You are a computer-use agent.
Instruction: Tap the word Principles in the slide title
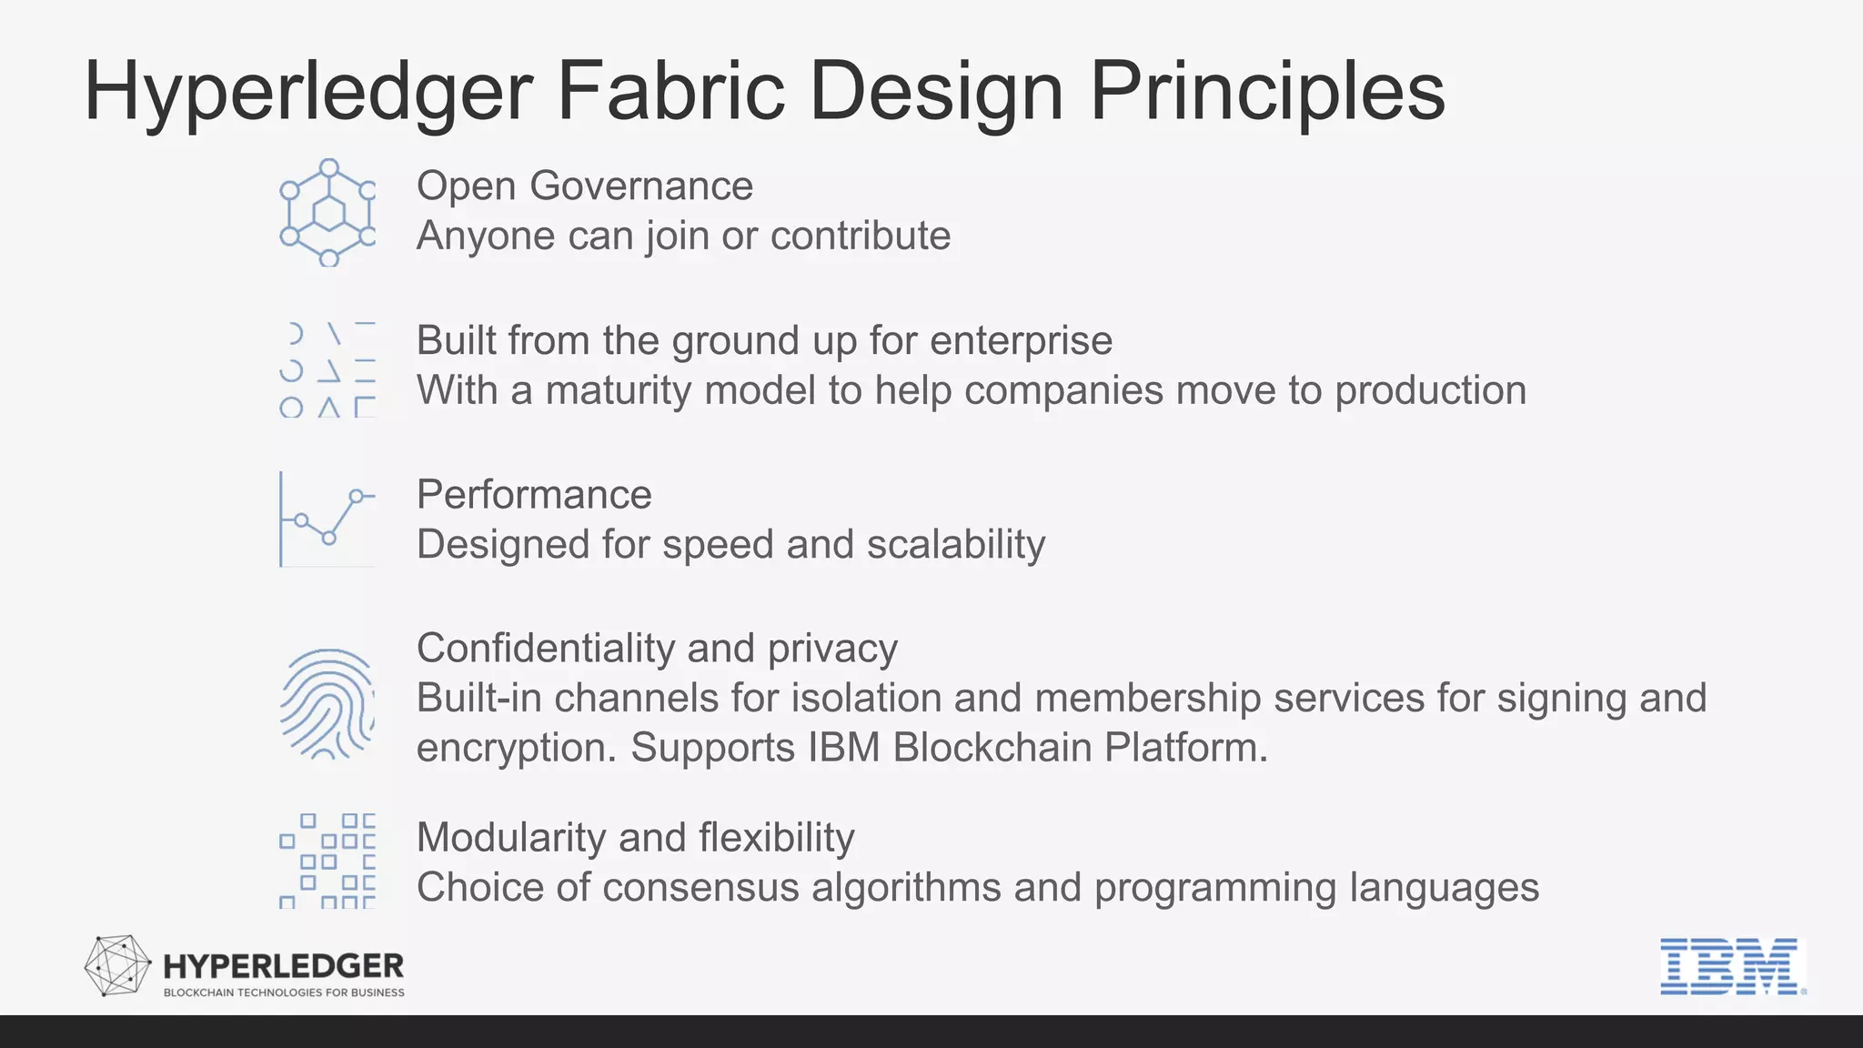pos(1266,91)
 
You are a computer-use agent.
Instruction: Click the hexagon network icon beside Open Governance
pos(327,213)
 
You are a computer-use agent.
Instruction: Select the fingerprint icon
pos(327,703)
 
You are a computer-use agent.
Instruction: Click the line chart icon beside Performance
pos(327,519)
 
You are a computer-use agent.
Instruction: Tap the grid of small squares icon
pos(327,861)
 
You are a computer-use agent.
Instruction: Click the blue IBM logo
pos(1730,966)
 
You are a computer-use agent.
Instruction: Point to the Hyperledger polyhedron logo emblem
pos(117,965)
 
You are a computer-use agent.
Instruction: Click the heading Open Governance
pos(584,186)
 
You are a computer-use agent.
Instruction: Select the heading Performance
pos(534,495)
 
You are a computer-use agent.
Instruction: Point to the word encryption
pos(516,748)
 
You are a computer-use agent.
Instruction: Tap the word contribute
pos(860,236)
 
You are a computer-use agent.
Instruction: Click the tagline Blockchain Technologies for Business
pos(284,993)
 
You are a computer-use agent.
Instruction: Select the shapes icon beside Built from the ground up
pos(327,369)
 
